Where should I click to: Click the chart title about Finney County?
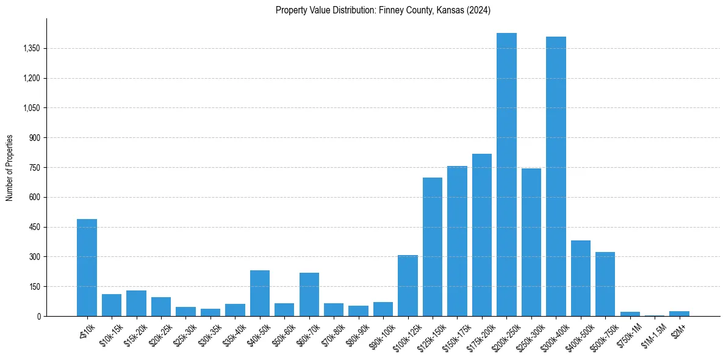tap(383, 10)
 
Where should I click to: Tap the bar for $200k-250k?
tap(506, 175)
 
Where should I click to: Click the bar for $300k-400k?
tap(556, 176)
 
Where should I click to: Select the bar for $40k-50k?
tap(260, 293)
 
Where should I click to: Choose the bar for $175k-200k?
tap(482, 235)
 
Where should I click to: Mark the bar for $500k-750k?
tap(605, 284)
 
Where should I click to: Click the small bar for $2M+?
tap(679, 314)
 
